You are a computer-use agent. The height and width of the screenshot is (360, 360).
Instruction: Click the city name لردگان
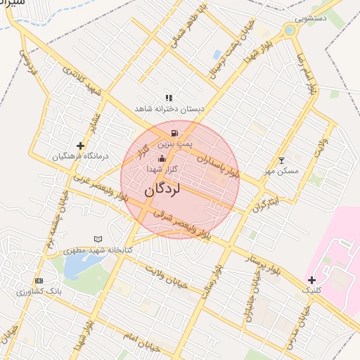(163, 189)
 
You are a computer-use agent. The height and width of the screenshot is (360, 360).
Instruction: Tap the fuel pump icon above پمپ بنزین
(174, 133)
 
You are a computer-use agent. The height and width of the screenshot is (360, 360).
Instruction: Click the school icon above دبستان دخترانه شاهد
(169, 98)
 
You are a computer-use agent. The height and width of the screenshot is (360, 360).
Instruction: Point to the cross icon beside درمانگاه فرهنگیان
(81, 146)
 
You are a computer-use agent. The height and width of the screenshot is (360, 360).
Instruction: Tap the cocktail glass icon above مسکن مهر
(282, 160)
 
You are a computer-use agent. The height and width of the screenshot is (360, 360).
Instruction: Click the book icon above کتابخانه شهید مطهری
(98, 240)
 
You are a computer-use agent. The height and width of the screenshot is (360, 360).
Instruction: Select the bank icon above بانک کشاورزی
(39, 281)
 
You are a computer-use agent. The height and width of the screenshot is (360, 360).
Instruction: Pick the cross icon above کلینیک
(311, 280)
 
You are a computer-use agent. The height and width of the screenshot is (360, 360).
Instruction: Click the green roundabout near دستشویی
(290, 30)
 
